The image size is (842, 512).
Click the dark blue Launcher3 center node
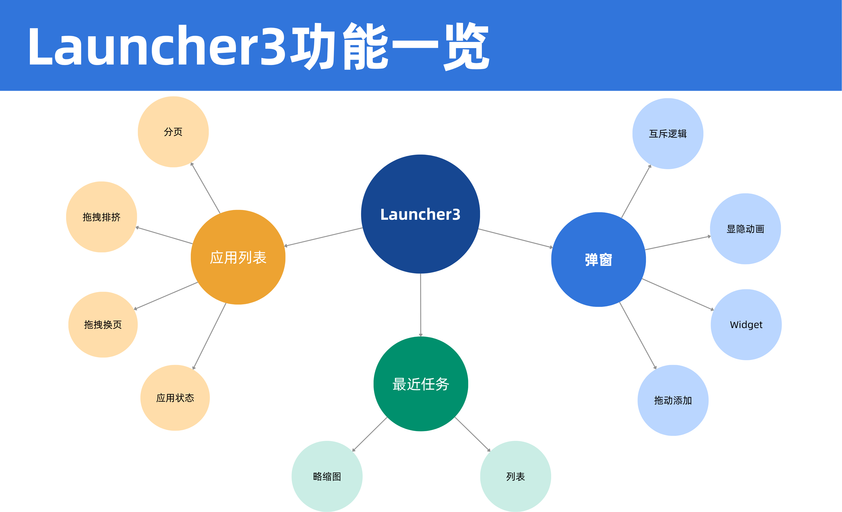[420, 214]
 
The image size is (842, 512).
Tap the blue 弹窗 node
[598, 259]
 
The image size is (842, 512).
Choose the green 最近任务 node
[421, 384]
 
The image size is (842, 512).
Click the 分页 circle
[173, 132]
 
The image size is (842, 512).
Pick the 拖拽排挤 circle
[101, 217]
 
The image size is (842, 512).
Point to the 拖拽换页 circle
[103, 324]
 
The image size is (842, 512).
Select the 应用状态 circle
[175, 398]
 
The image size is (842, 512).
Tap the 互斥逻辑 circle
[668, 134]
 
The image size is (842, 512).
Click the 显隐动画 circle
[745, 229]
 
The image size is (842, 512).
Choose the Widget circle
[746, 324]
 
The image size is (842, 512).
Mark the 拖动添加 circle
[673, 400]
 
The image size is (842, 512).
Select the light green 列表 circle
[515, 476]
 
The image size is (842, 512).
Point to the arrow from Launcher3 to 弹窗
[515, 238]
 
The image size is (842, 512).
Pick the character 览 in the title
[466, 46]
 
